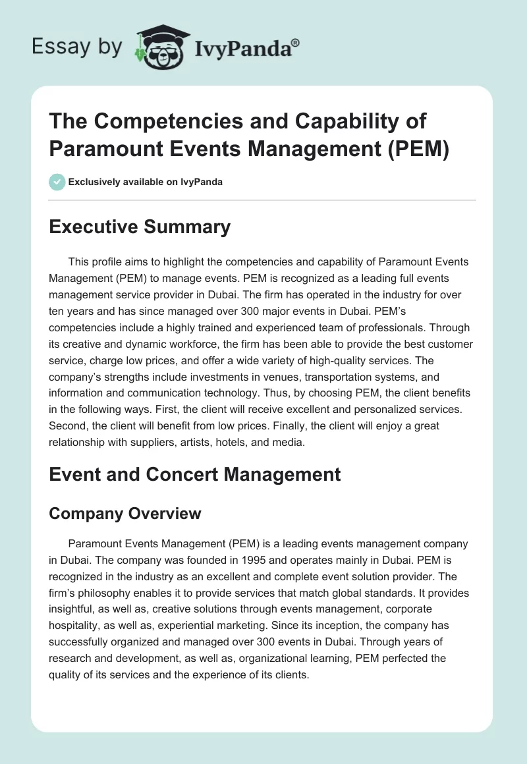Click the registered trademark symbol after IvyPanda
tap(296, 43)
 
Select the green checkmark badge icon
tap(57, 182)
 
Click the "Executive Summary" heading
tap(140, 227)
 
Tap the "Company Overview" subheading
tap(125, 513)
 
